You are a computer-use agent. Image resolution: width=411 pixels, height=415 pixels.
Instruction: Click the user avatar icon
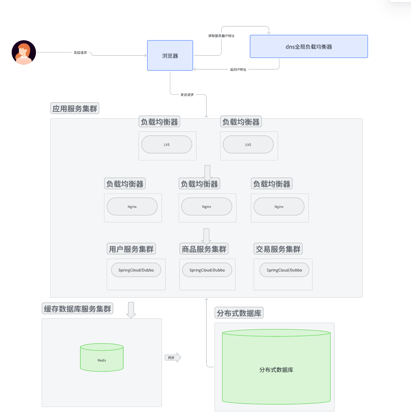pyautogui.click(x=24, y=52)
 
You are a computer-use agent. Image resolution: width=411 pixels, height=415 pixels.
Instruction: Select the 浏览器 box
pyautogui.click(x=170, y=55)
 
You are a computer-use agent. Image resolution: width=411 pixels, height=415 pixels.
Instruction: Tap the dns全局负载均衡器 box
pyautogui.click(x=309, y=47)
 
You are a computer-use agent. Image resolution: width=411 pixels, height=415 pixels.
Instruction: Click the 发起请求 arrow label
pyautogui.click(x=80, y=53)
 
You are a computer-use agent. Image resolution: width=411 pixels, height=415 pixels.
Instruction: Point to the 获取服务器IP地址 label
pyautogui.click(x=221, y=36)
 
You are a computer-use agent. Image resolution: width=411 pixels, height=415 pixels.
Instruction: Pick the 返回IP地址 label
pyautogui.click(x=238, y=70)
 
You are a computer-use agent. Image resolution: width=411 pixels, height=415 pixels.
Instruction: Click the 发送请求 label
pyautogui.click(x=187, y=95)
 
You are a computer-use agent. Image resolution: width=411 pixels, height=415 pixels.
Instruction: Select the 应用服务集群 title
pyautogui.click(x=75, y=109)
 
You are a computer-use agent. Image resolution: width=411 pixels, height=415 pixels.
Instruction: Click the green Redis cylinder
pyautogui.click(x=102, y=358)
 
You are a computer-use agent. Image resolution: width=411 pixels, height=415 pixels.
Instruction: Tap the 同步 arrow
pyautogui.click(x=173, y=357)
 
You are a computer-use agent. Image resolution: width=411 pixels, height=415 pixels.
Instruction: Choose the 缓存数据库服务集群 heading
pyautogui.click(x=77, y=309)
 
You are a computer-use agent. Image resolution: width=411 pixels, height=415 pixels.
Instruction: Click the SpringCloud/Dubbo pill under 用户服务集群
pyautogui.click(x=136, y=270)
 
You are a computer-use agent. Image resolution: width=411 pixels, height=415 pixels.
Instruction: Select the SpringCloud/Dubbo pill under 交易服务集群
pyautogui.click(x=284, y=270)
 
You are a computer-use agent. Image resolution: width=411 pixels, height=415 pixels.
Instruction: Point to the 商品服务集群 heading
pyautogui.click(x=204, y=249)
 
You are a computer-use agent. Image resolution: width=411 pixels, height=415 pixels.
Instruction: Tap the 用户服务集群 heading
pyautogui.click(x=131, y=249)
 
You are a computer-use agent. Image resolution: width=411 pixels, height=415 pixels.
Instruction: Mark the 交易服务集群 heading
pyautogui.click(x=278, y=249)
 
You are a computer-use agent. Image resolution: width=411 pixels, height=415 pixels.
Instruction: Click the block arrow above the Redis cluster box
pyautogui.click(x=131, y=309)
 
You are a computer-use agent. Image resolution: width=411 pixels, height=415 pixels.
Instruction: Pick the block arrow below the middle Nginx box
pyautogui.click(x=206, y=236)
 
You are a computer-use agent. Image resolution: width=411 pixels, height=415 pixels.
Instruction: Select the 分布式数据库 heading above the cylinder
pyautogui.click(x=239, y=313)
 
